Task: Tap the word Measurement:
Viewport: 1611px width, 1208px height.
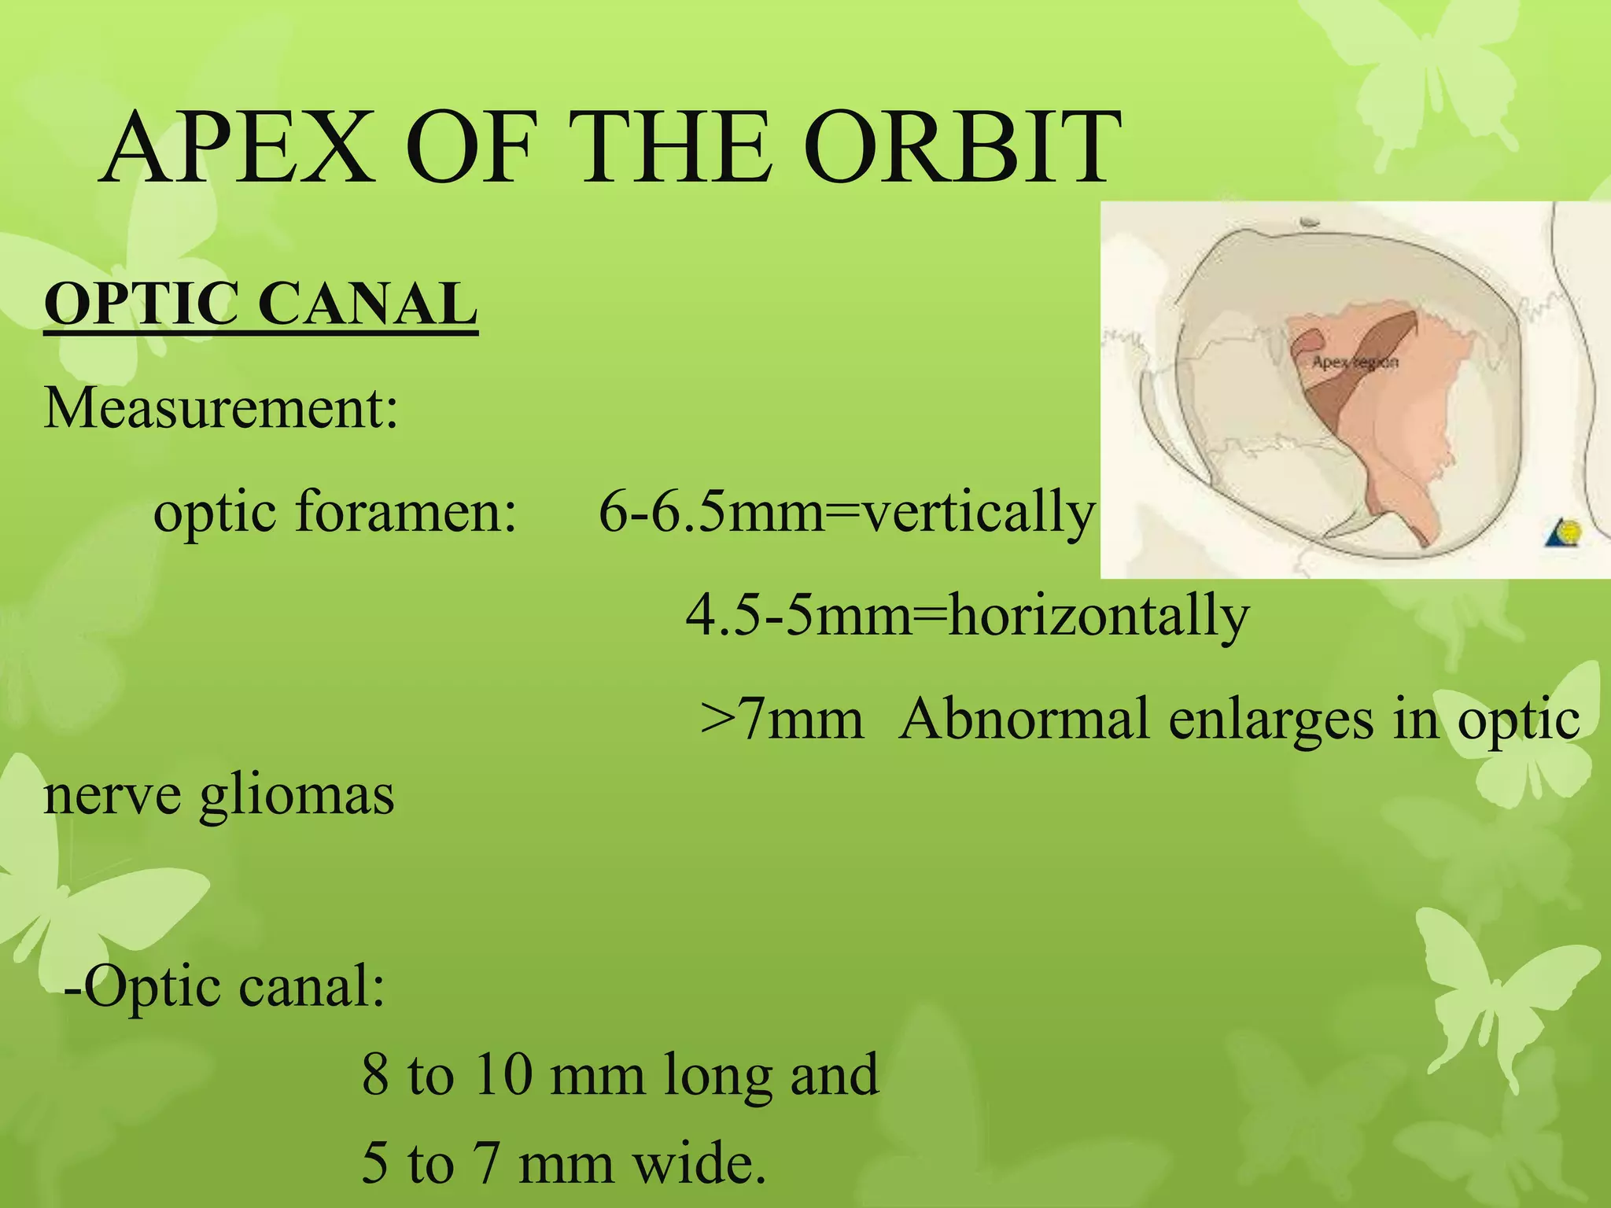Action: tap(221, 409)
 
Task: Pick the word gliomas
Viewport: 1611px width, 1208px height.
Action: tap(297, 797)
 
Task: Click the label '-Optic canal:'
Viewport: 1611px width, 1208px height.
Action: tap(225, 986)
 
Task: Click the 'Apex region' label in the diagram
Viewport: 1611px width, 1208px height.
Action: tap(1355, 363)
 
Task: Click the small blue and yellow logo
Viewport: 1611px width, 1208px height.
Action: tap(1564, 534)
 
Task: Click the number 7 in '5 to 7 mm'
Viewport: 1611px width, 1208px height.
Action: tap(488, 1164)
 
